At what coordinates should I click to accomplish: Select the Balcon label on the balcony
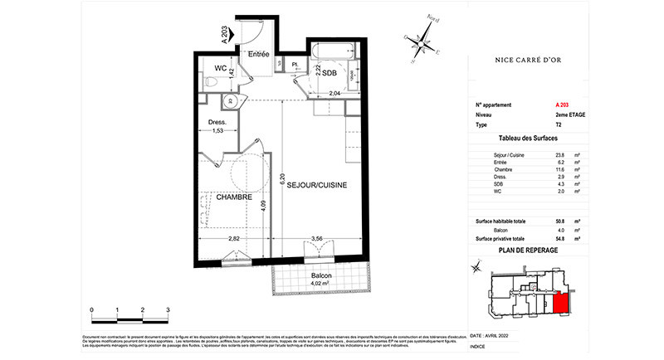coord(321,276)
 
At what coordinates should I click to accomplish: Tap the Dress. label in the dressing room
coord(218,123)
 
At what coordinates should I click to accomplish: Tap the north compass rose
coord(424,36)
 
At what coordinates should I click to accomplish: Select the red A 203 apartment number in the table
coord(563,105)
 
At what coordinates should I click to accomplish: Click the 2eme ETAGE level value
coord(571,114)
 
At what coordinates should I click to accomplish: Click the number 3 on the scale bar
coord(168,309)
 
